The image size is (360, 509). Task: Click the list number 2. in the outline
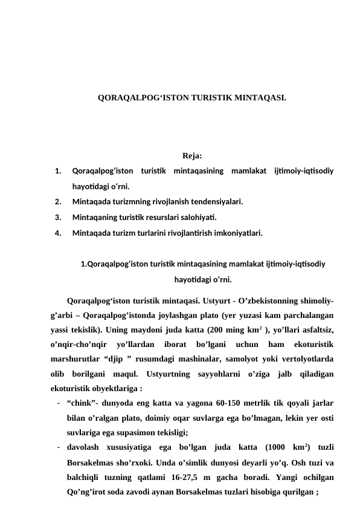57,201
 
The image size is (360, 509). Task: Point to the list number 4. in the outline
57,232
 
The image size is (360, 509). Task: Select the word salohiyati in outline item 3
198,216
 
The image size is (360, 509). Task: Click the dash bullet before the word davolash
56,448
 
